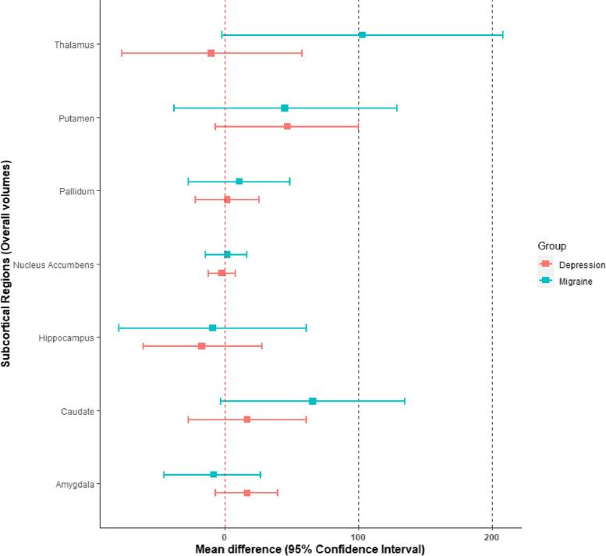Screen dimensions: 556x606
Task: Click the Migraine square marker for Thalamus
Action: pyautogui.click(x=362, y=35)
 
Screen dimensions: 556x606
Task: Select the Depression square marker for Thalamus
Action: pyautogui.click(x=211, y=53)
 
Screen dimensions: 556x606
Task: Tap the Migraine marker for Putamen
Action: pyautogui.click(x=285, y=108)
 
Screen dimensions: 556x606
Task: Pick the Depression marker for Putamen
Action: pyautogui.click(x=287, y=126)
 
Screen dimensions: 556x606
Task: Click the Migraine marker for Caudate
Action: pyautogui.click(x=313, y=401)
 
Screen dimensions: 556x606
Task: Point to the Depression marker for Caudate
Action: pyautogui.click(x=247, y=420)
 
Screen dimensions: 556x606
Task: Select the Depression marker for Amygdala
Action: pyautogui.click(x=247, y=493)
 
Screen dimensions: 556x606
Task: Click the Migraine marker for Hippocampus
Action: pyautogui.click(x=212, y=328)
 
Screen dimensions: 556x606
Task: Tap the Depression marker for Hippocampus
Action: pyautogui.click(x=201, y=346)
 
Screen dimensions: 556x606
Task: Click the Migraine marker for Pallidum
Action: pyautogui.click(x=239, y=182)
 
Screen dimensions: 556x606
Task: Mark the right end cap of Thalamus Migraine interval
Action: pyautogui.click(x=503, y=35)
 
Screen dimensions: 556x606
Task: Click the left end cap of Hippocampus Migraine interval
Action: pyautogui.click(x=119, y=328)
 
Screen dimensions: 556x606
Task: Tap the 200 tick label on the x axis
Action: pyautogui.click(x=492, y=537)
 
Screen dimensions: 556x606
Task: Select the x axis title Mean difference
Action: pyautogui.click(x=310, y=550)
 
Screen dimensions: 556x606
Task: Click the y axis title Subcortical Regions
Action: pyautogui.click(x=7, y=264)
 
